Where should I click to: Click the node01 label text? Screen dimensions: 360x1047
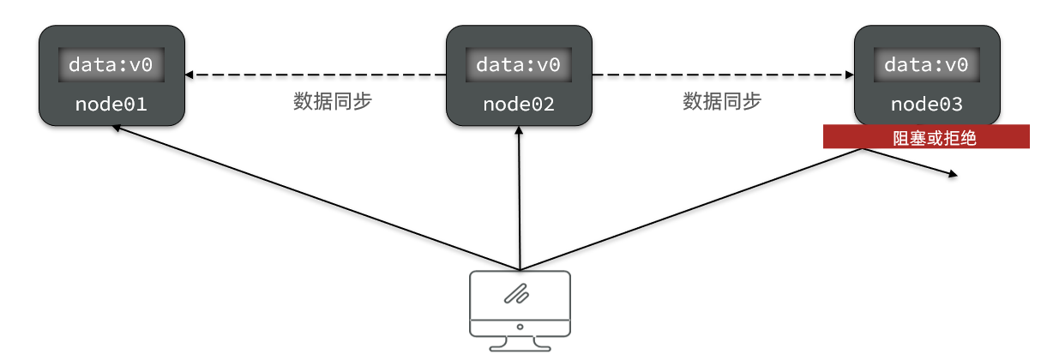[111, 105]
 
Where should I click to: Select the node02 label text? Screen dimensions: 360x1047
[519, 105]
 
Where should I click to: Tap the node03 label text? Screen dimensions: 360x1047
[926, 105]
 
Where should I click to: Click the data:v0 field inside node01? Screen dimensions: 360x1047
[111, 65]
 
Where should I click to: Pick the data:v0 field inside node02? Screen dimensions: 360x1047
[519, 65]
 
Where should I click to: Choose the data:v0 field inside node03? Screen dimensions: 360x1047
[926, 65]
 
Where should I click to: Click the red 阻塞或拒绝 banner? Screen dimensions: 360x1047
[926, 137]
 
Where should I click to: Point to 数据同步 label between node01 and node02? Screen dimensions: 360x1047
[333, 101]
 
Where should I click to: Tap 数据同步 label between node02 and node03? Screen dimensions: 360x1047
[722, 101]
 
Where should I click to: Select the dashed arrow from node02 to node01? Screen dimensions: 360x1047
[317, 75]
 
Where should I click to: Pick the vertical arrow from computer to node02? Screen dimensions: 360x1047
[520, 197]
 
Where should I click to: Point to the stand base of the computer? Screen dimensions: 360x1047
[520, 346]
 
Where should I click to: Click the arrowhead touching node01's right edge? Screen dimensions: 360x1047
[190, 75]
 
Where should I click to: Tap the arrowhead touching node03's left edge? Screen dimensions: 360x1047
[849, 75]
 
